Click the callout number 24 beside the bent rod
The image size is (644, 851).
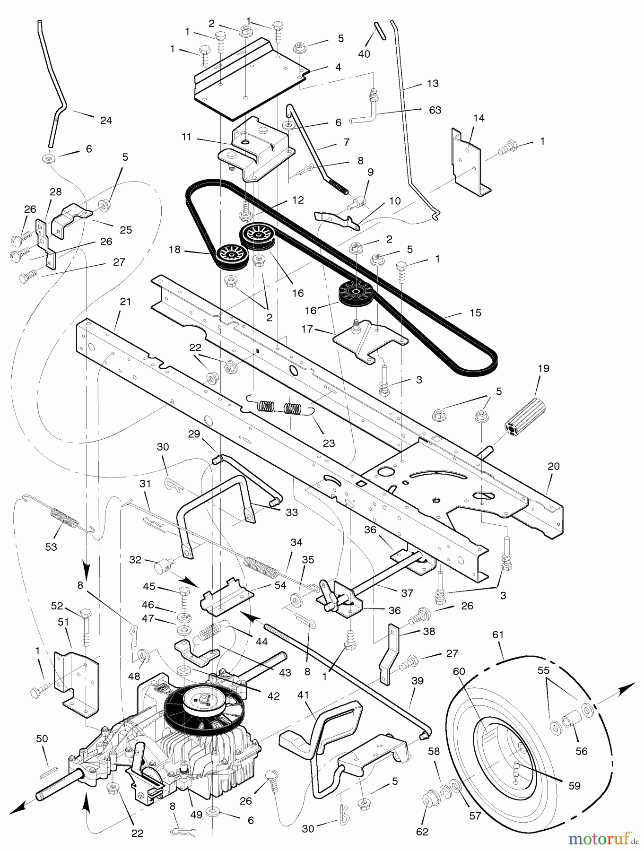tap(106, 121)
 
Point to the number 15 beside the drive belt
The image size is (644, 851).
tap(475, 313)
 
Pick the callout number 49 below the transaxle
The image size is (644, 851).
tap(196, 815)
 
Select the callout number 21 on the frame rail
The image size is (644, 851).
tap(125, 302)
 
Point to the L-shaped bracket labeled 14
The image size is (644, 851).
tap(467, 161)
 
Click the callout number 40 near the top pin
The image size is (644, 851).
tap(364, 54)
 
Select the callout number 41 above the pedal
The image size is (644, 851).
tap(303, 695)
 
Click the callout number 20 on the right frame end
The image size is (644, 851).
tap(553, 466)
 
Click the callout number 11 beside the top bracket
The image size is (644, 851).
tap(186, 137)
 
